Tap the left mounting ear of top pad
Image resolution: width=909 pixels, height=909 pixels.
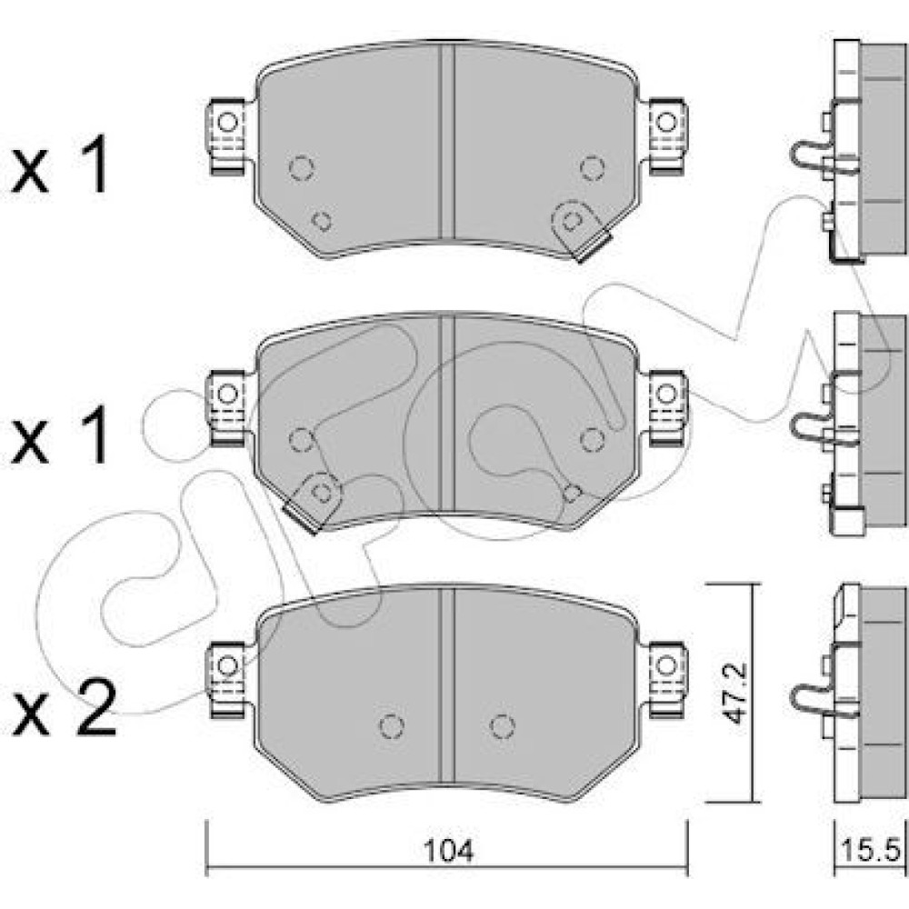pyautogui.click(x=226, y=135)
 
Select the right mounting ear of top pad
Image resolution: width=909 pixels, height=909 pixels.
pyautogui.click(x=667, y=135)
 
